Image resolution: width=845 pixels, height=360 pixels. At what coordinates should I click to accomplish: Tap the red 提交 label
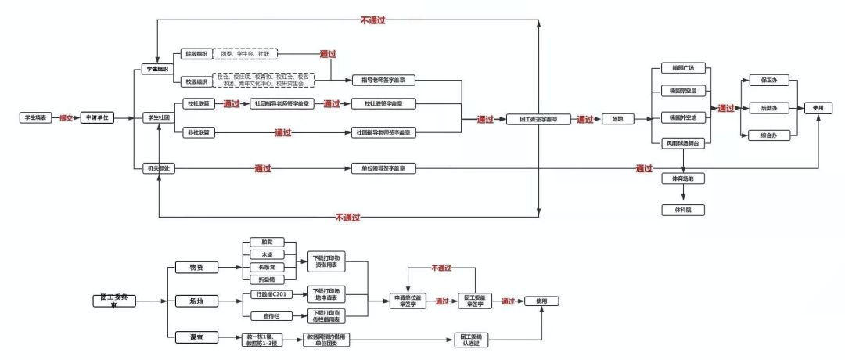pyautogui.click(x=67, y=117)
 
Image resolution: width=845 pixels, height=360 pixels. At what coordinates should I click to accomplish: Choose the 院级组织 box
pyautogui.click(x=196, y=54)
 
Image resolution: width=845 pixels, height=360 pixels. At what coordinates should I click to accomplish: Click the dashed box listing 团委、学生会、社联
pyautogui.click(x=245, y=54)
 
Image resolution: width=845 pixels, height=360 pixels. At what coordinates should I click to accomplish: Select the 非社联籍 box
pyautogui.click(x=196, y=133)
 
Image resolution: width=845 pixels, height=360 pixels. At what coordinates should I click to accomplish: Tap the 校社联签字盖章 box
pyautogui.click(x=383, y=103)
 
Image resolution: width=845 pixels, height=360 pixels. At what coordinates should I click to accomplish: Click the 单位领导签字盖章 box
pyautogui.click(x=383, y=168)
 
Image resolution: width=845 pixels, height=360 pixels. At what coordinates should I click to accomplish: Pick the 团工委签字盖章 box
pyautogui.click(x=538, y=120)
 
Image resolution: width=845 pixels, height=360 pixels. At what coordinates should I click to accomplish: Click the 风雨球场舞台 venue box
pyautogui.click(x=683, y=143)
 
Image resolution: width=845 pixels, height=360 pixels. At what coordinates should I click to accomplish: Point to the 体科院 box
pyautogui.click(x=683, y=210)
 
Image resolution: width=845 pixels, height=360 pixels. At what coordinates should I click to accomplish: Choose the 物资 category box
pyautogui.click(x=185, y=268)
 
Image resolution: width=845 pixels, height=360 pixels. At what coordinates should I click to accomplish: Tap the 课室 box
pyautogui.click(x=185, y=337)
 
